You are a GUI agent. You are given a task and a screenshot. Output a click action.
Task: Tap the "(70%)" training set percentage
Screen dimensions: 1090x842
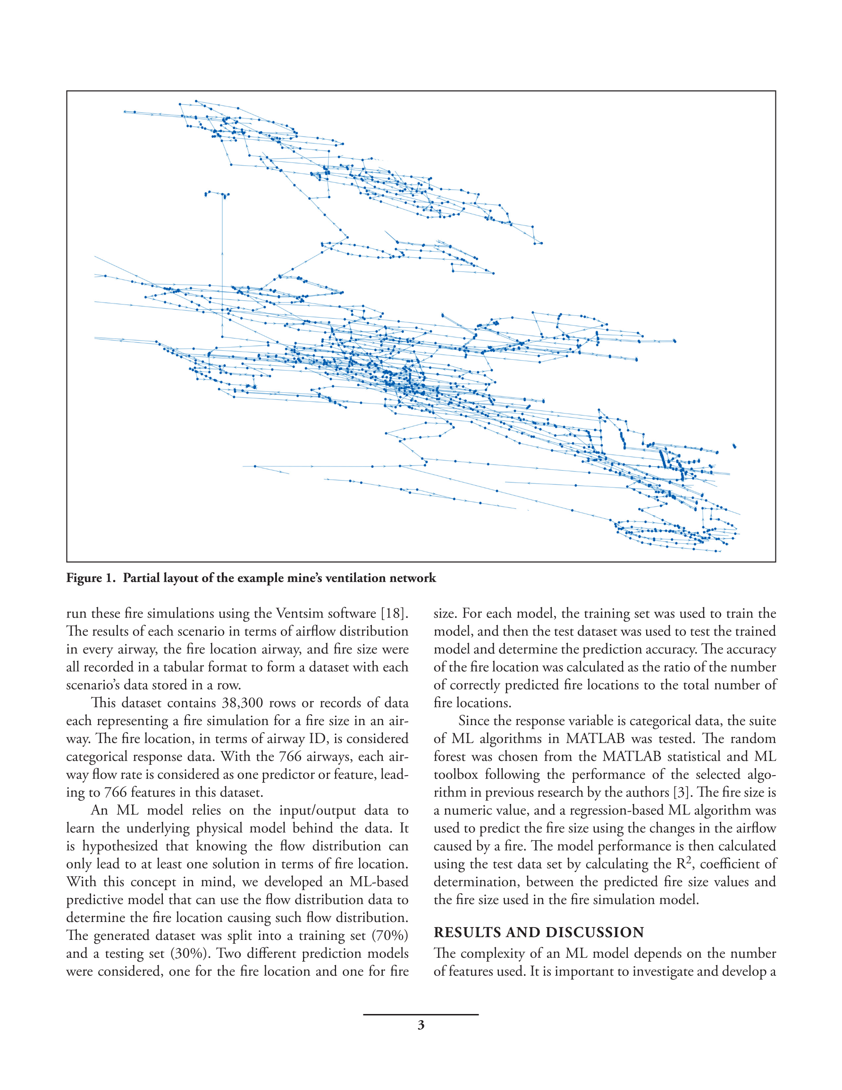(390, 935)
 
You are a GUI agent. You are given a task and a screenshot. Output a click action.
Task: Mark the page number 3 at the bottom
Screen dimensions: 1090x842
(421, 1025)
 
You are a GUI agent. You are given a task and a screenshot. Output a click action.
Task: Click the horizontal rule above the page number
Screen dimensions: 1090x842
(421, 1014)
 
